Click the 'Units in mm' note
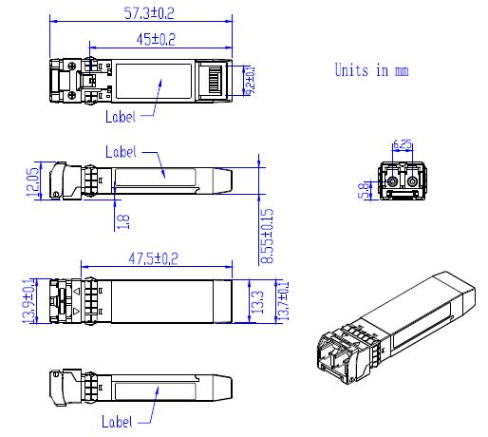[371, 70]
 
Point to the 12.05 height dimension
[32, 180]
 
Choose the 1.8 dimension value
[122, 219]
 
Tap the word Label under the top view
[120, 117]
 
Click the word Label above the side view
[121, 151]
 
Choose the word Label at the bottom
[118, 421]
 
